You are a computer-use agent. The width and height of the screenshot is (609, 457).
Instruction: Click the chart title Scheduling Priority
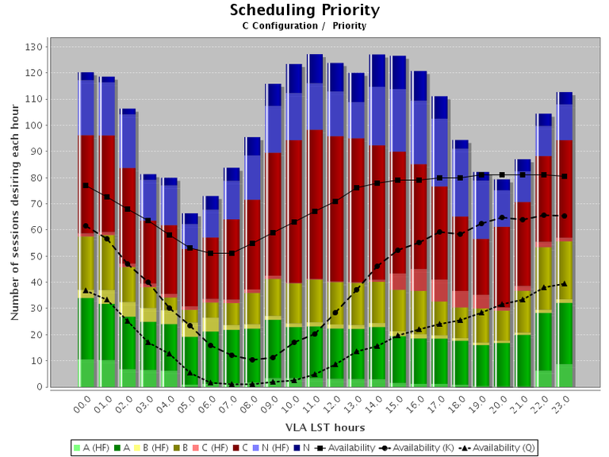click(304, 10)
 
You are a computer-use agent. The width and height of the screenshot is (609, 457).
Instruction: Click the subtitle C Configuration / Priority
click(304, 25)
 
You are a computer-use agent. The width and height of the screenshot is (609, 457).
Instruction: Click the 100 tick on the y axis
click(33, 125)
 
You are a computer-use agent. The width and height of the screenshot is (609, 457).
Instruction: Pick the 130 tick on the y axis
click(33, 47)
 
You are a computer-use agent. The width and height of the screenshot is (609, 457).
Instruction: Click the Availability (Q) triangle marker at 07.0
click(231, 384)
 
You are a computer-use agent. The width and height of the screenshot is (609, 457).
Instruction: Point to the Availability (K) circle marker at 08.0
click(252, 359)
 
